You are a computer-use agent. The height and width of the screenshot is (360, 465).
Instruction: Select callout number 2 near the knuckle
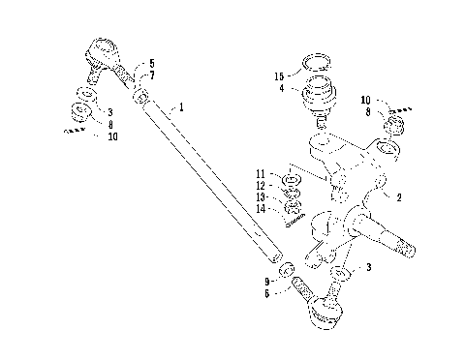click(x=396, y=195)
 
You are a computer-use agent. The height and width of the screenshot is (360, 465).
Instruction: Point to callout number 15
click(x=280, y=75)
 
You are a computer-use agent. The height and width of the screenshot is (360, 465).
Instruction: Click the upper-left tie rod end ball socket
click(x=101, y=50)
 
